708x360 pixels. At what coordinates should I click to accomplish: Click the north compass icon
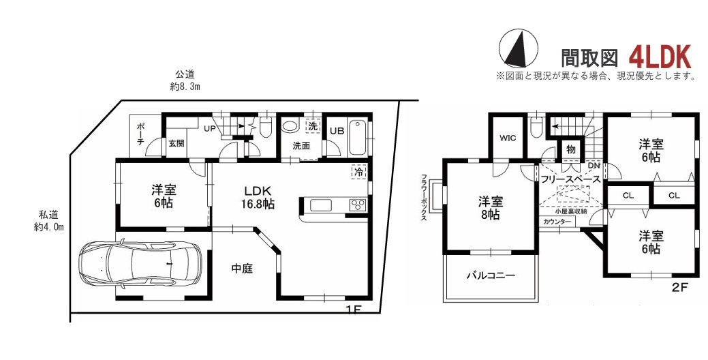click(517, 48)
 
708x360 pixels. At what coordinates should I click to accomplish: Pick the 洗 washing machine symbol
click(312, 127)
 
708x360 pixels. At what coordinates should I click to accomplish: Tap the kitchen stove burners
click(358, 205)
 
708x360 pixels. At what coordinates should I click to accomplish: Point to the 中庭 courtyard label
click(241, 269)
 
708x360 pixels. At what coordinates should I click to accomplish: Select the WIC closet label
click(508, 138)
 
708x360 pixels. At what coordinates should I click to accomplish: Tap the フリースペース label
click(570, 179)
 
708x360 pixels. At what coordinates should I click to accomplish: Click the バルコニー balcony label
click(490, 276)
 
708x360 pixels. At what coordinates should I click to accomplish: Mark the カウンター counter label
click(557, 222)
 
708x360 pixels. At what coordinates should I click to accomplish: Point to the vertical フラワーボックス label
click(424, 198)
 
